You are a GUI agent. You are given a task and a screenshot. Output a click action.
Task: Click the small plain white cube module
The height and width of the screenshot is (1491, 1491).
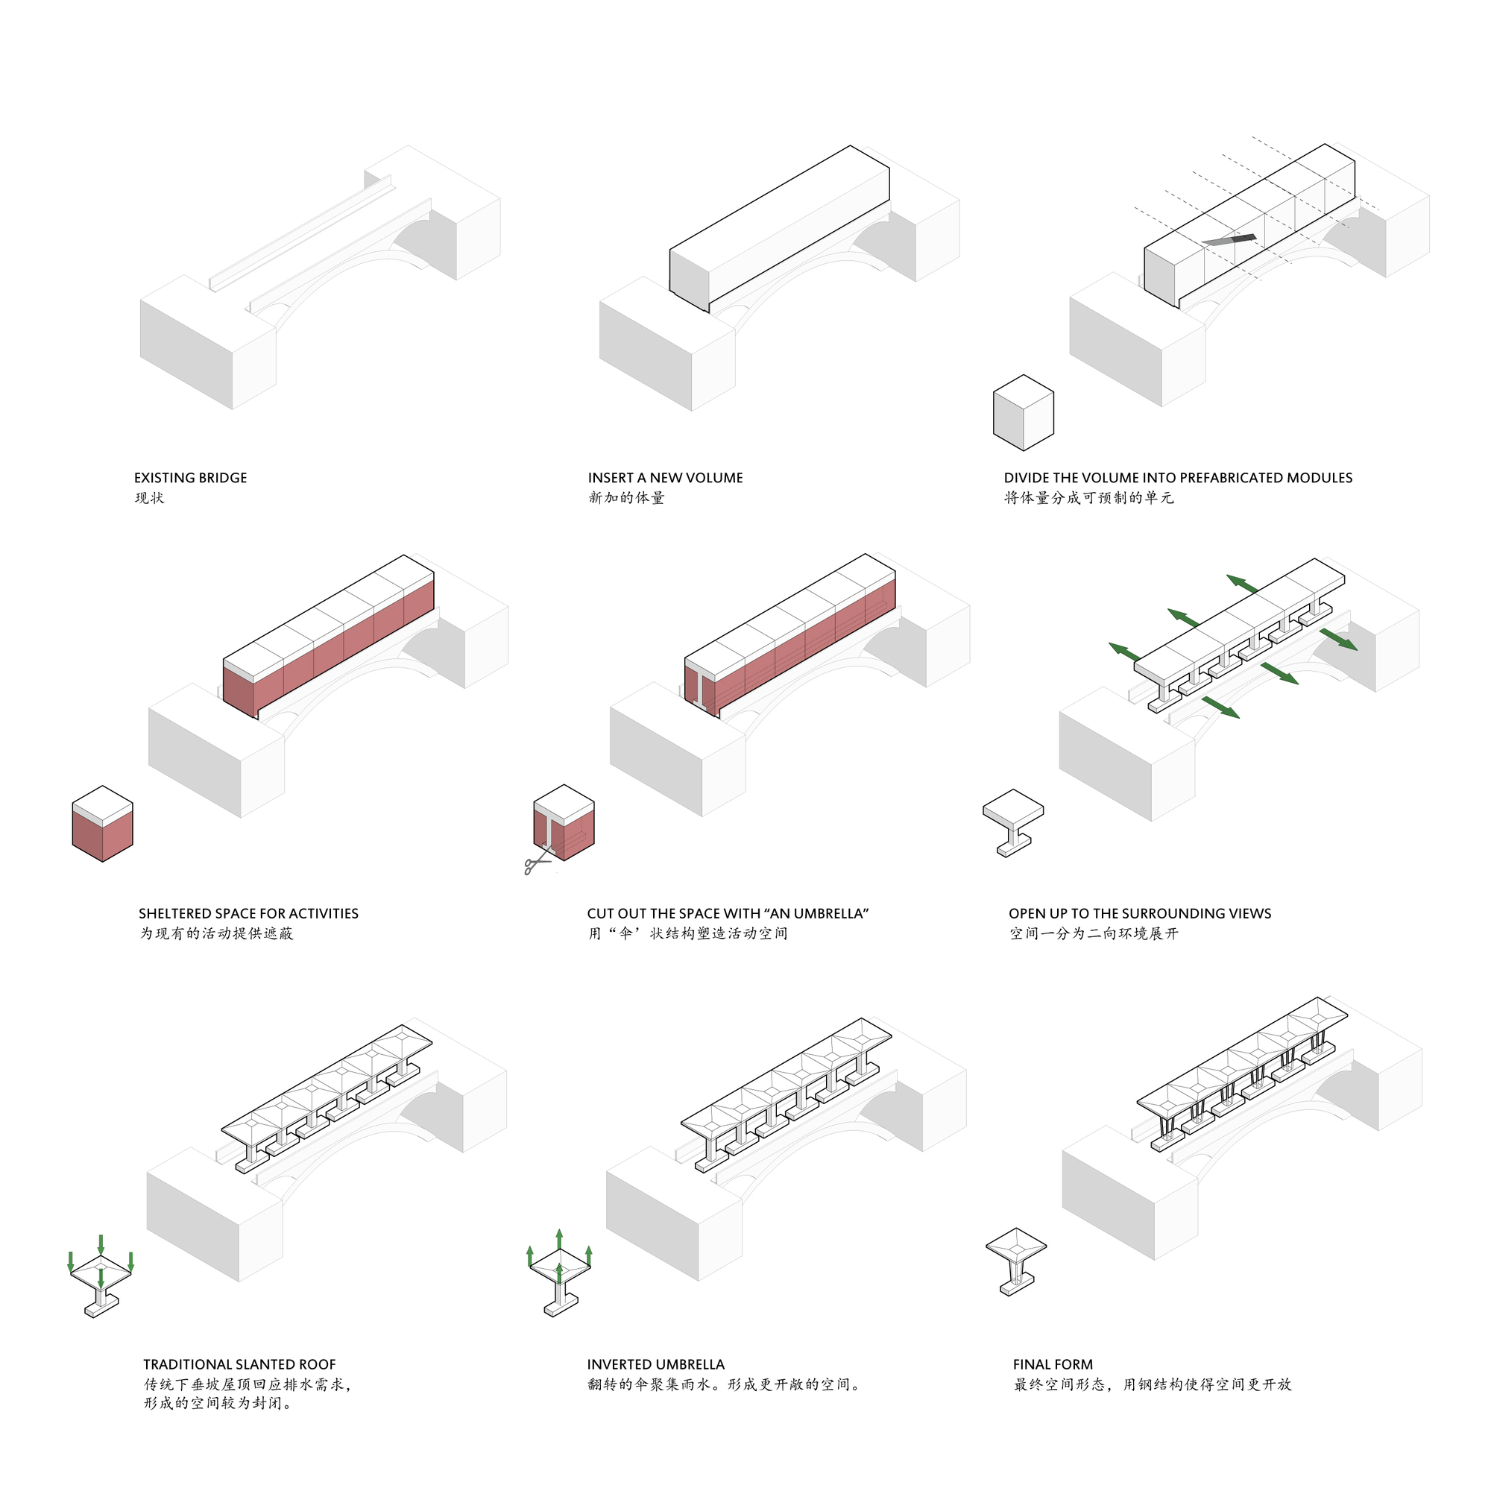pyautogui.click(x=1023, y=413)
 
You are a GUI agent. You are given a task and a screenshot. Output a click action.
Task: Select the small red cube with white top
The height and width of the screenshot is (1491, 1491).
pyautogui.click(x=103, y=825)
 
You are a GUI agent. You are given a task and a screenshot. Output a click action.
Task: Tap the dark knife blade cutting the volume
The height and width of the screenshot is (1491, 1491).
pyautogui.click(x=1229, y=240)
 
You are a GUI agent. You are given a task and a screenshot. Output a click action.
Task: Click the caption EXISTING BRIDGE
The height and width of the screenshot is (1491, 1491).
pyautogui.click(x=191, y=478)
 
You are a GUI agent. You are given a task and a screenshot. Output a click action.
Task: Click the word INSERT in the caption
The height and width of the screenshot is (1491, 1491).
pyautogui.click(x=610, y=478)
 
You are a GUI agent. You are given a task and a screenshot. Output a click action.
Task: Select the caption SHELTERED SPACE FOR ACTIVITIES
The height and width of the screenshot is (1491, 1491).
pyautogui.click(x=248, y=914)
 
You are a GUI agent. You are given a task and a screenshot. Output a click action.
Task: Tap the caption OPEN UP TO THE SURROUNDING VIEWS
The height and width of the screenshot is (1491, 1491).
pyautogui.click(x=1140, y=914)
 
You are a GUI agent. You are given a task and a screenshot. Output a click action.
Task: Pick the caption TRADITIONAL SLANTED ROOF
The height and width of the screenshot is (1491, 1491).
pyautogui.click(x=239, y=1364)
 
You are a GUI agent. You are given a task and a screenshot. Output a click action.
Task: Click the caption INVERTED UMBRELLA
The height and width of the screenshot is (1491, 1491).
pyautogui.click(x=655, y=1364)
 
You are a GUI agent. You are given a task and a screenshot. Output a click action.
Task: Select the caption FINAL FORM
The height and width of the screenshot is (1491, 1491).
pyautogui.click(x=1053, y=1364)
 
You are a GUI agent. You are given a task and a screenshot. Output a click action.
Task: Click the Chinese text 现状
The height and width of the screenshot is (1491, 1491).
pyautogui.click(x=150, y=499)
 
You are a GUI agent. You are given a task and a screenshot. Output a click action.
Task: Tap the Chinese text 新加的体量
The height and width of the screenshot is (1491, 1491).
pyautogui.click(x=626, y=499)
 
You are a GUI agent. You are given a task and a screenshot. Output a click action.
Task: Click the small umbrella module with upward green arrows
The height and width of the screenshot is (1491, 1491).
pyautogui.click(x=561, y=1277)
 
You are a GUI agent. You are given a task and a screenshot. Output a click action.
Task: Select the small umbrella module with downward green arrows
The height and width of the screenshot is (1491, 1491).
pyautogui.click(x=101, y=1281)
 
